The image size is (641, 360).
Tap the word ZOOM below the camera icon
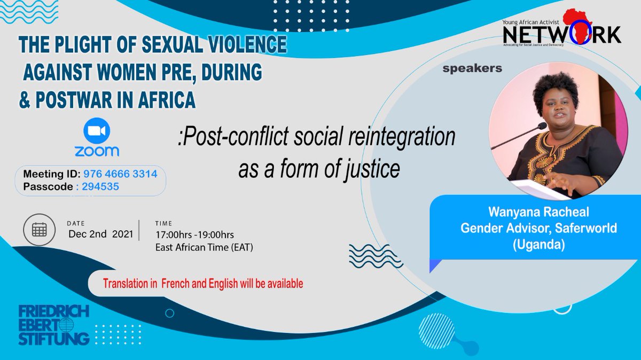pyautogui.click(x=97, y=151)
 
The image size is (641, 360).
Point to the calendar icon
pyautogui.click(x=38, y=230)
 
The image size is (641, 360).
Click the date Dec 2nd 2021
pyautogui.click(x=99, y=234)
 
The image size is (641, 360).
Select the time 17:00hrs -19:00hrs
pyautogui.click(x=194, y=234)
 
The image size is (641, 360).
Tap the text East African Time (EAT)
pyautogui.click(x=204, y=247)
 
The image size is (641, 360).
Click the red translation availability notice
pyautogui.click(x=203, y=284)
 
